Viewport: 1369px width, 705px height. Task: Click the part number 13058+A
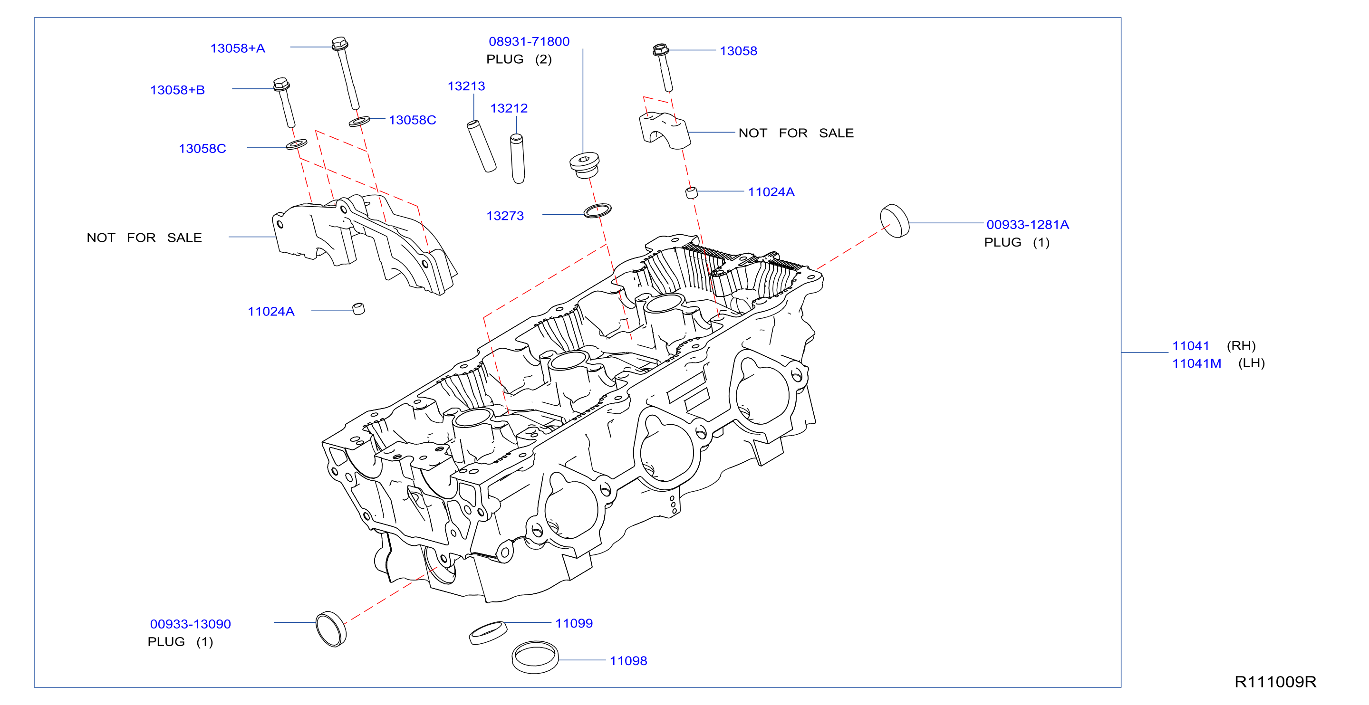[238, 48]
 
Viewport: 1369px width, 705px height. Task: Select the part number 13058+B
[177, 90]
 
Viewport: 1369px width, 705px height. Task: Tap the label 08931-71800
[529, 41]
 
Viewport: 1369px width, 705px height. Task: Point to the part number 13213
[466, 86]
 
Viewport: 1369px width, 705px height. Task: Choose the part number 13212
[509, 108]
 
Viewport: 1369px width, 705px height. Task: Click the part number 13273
[505, 216]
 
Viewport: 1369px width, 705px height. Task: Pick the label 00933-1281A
[1027, 225]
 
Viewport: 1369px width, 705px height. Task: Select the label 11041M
[1196, 363]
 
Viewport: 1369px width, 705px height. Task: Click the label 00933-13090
[190, 624]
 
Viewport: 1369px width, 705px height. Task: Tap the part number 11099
[574, 623]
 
